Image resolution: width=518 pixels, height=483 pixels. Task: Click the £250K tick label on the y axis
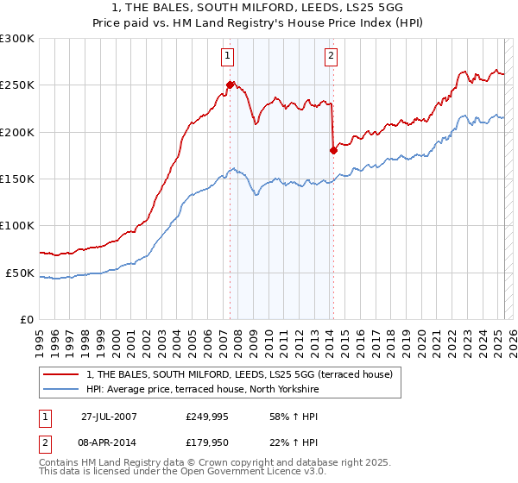16,85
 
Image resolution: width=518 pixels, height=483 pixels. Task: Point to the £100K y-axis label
16,226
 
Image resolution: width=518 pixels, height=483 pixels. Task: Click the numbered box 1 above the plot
227,57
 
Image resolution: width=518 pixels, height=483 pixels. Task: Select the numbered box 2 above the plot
332,57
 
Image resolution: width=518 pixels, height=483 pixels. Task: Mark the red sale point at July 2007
231,85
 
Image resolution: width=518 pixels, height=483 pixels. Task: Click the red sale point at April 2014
333,150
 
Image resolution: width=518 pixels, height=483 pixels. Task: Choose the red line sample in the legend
62,374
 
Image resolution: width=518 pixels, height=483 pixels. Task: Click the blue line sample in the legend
62,389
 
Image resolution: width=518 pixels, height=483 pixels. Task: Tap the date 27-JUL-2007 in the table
109,416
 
